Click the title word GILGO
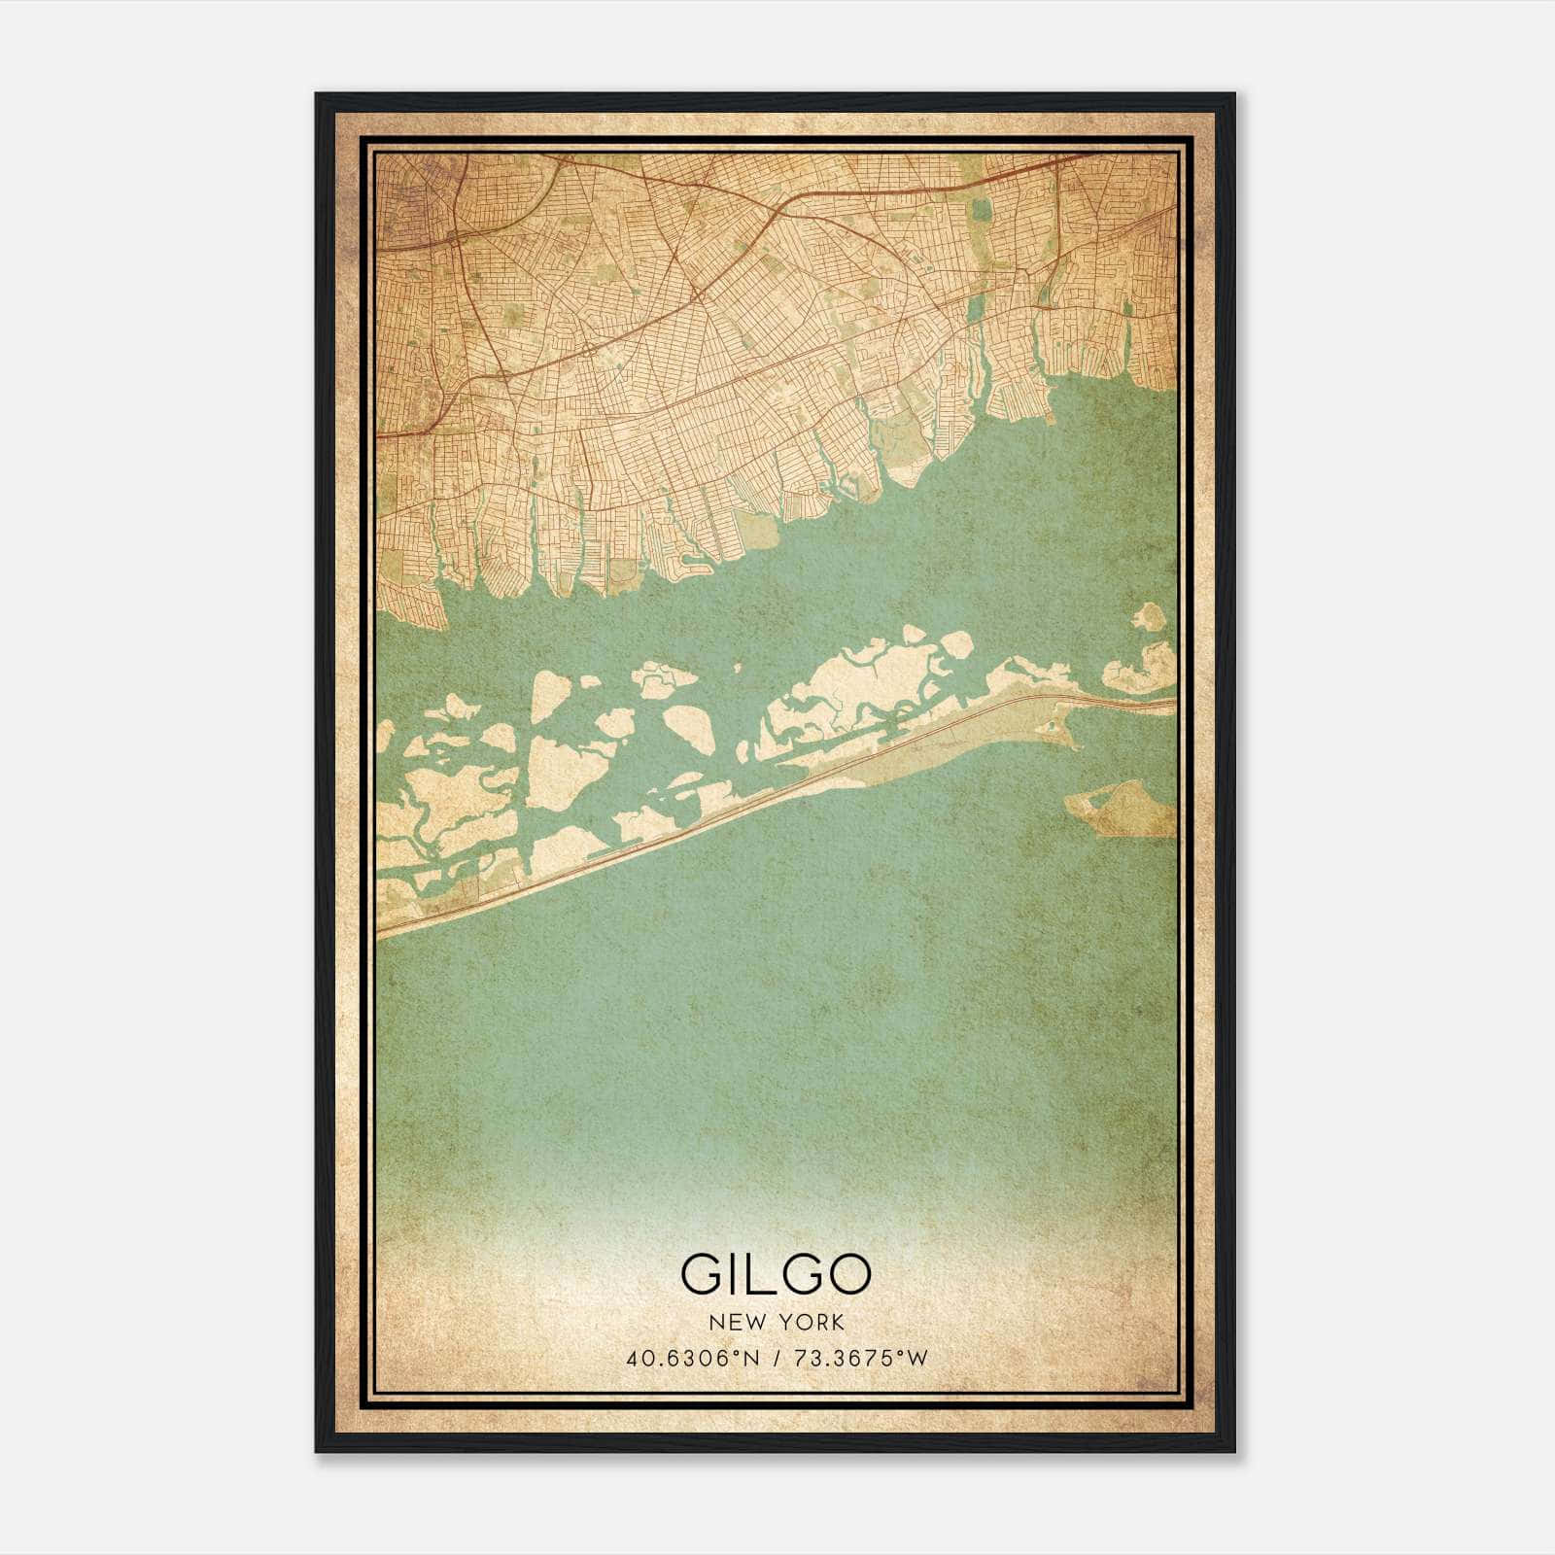[776, 1274]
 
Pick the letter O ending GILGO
[848, 1274]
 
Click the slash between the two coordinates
[776, 1358]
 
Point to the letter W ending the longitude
[917, 1358]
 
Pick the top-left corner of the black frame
[318, 95]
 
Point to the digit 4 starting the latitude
[634, 1358]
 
